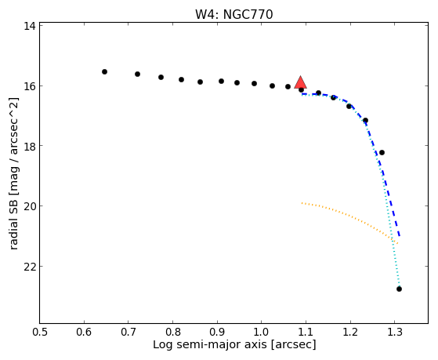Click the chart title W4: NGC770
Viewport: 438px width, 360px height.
click(233, 15)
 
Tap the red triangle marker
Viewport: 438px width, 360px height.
click(301, 82)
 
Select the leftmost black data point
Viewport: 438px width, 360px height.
click(104, 72)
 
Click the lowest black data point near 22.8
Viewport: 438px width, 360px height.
click(399, 289)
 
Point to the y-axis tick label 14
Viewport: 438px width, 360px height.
click(29, 26)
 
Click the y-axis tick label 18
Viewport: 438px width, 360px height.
click(29, 146)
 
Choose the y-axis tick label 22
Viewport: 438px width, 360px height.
click(29, 267)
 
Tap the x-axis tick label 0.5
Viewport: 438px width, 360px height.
click(40, 332)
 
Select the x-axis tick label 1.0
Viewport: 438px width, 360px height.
click(262, 332)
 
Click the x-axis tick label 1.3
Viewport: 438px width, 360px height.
click(394, 332)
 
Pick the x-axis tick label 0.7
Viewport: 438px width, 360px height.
click(129, 332)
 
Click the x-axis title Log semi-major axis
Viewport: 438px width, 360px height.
click(210, 344)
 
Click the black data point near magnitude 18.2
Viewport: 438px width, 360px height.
click(382, 152)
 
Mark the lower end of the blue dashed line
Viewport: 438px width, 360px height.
click(400, 237)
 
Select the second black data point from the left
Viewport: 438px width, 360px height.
click(137, 75)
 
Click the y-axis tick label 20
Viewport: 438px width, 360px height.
click(29, 206)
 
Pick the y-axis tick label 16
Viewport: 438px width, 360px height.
click(29, 85)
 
